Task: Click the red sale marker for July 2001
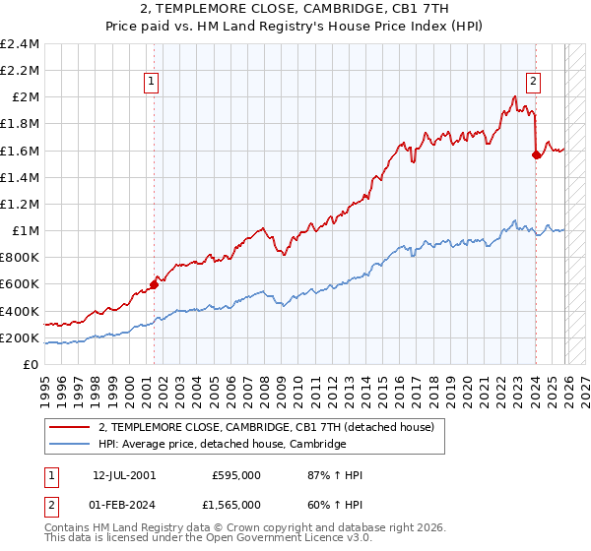[x=154, y=285]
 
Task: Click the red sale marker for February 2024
[x=536, y=154]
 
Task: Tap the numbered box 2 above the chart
[x=533, y=83]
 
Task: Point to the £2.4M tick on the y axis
[x=20, y=44]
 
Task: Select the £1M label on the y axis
[x=25, y=231]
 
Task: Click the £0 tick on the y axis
[x=33, y=364]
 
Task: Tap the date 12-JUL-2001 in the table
[x=123, y=475]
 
